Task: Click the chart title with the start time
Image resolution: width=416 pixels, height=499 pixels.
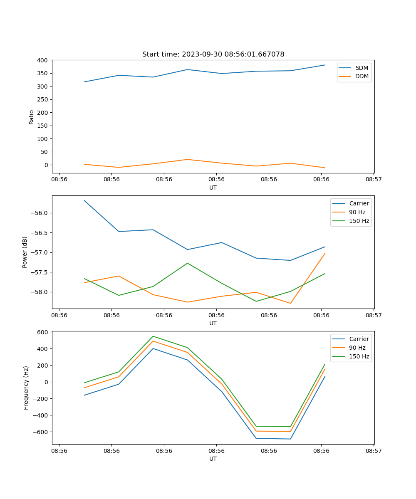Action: coord(213,54)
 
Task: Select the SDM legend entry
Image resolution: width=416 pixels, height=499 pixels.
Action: coord(362,68)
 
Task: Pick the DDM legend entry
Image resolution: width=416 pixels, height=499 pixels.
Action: coord(362,77)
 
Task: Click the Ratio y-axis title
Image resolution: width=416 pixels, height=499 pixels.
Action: coord(32,117)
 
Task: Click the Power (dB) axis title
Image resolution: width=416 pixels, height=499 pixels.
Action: coord(25,252)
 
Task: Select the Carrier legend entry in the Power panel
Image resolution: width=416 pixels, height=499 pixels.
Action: coord(359,203)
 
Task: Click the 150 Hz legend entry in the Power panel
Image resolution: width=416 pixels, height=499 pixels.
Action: coord(359,221)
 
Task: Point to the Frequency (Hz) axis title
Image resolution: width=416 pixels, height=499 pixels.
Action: coord(26,388)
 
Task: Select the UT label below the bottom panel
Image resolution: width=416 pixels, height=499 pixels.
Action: coord(213,459)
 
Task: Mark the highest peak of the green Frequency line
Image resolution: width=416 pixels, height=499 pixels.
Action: coord(153,336)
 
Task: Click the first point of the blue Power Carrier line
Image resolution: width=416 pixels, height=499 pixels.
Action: coord(84,200)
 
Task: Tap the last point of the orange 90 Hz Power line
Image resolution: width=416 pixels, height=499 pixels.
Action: coord(325,253)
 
